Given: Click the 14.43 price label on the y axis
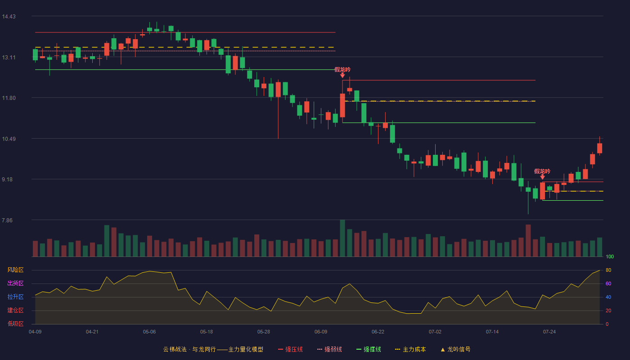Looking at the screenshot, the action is tap(9, 17).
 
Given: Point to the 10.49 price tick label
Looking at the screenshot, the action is tap(9, 139).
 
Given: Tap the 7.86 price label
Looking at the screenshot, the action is tap(7, 220).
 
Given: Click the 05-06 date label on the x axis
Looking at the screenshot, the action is tap(149, 332).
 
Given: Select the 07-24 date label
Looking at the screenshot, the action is tap(549, 332).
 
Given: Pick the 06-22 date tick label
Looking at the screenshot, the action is tap(378, 332).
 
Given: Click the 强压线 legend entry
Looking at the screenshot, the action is tap(291, 349).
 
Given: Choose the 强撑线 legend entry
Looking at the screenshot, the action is tap(369, 349).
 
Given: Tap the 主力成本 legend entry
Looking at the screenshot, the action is tap(410, 349).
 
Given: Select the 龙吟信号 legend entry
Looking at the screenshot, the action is tap(455, 349).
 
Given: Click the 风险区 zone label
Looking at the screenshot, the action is tap(15, 270).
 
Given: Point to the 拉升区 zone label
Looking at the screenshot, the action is tap(15, 297).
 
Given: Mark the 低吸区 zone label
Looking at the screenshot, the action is tap(15, 324).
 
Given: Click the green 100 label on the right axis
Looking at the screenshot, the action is tap(610, 256).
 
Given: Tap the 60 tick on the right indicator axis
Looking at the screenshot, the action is tap(608, 283).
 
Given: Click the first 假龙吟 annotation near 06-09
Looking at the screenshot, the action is tap(342, 69).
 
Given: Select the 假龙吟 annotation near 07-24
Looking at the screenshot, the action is tap(542, 171).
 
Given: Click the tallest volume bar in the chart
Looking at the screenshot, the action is tap(342, 238).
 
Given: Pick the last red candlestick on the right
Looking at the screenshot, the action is tap(599, 148).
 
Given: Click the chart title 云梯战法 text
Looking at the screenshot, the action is tap(175, 349).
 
